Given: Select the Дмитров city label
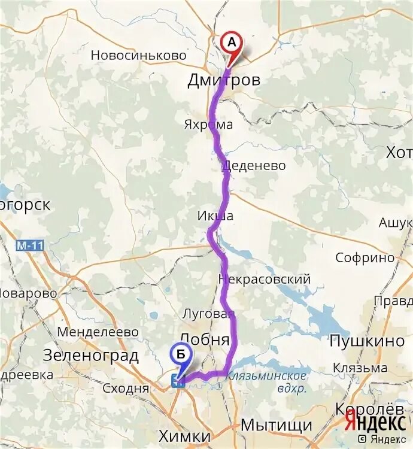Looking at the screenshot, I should click(x=224, y=80).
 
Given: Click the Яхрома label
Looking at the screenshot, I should click(x=208, y=125).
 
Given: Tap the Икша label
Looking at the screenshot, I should click(x=215, y=216).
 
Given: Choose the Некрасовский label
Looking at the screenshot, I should click(x=265, y=279).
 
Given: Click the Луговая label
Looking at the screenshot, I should click(x=208, y=314).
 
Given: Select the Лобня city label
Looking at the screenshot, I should click(x=205, y=339).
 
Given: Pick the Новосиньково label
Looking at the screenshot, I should click(x=139, y=55).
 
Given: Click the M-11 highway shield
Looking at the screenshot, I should click(x=31, y=245).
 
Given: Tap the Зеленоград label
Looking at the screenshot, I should click(x=91, y=356).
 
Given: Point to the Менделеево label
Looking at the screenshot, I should click(x=98, y=332).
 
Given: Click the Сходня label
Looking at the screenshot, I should click(x=126, y=388).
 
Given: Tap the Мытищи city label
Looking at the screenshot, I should click(x=276, y=426).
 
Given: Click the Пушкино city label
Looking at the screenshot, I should click(x=367, y=341).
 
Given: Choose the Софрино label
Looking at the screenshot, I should click(x=365, y=258).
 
